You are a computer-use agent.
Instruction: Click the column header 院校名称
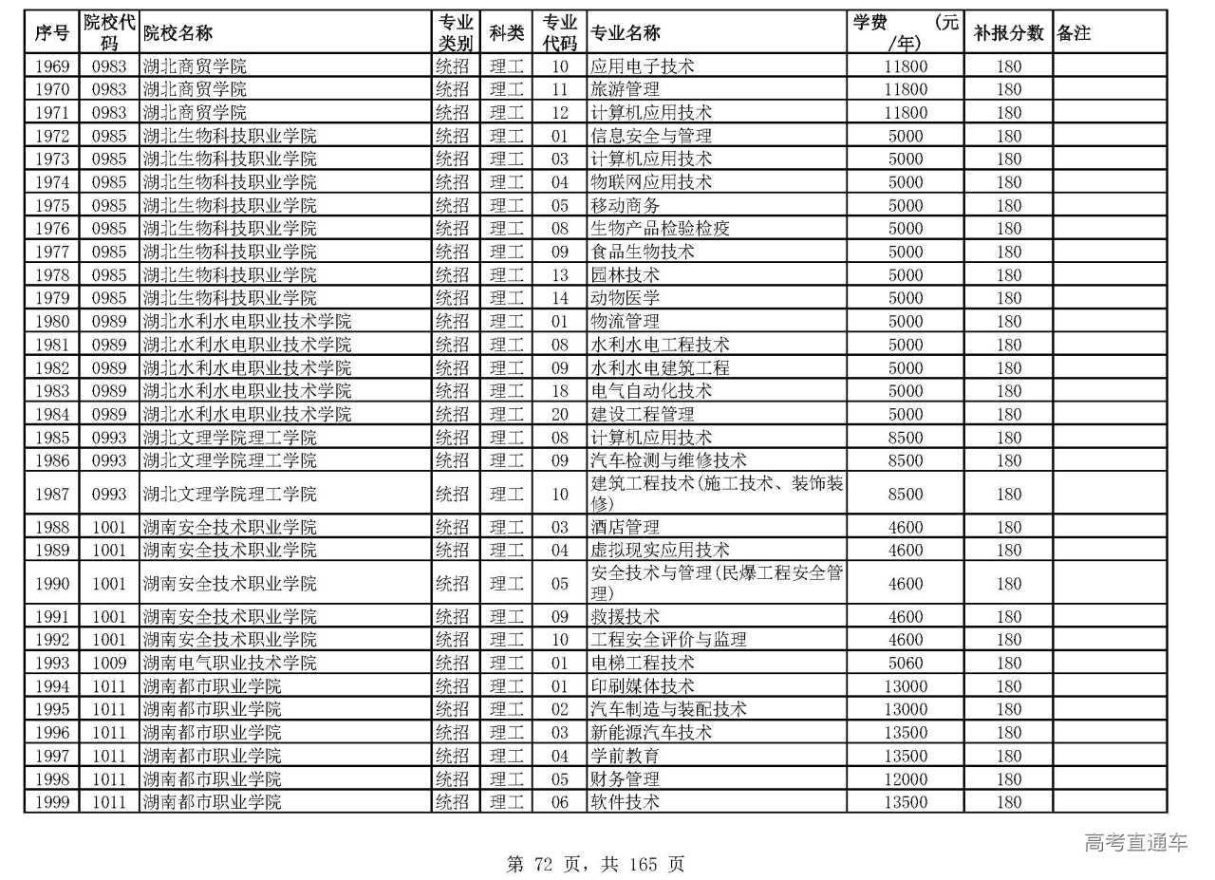point(178,33)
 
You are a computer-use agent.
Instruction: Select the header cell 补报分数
point(1008,33)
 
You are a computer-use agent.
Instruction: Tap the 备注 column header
point(1074,33)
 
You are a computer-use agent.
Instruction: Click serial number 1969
point(52,66)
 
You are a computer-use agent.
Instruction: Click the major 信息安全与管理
point(650,136)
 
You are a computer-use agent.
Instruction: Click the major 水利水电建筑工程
point(660,367)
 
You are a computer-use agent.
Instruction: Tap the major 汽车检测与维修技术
point(668,460)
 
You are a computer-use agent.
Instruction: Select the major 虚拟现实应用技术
point(660,550)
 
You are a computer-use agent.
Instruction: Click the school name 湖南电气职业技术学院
point(229,663)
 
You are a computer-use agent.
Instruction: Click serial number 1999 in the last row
point(52,802)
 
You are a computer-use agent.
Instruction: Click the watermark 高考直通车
point(1135,842)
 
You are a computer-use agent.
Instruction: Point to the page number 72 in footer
point(543,864)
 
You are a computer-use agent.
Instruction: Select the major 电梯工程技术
point(642,663)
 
